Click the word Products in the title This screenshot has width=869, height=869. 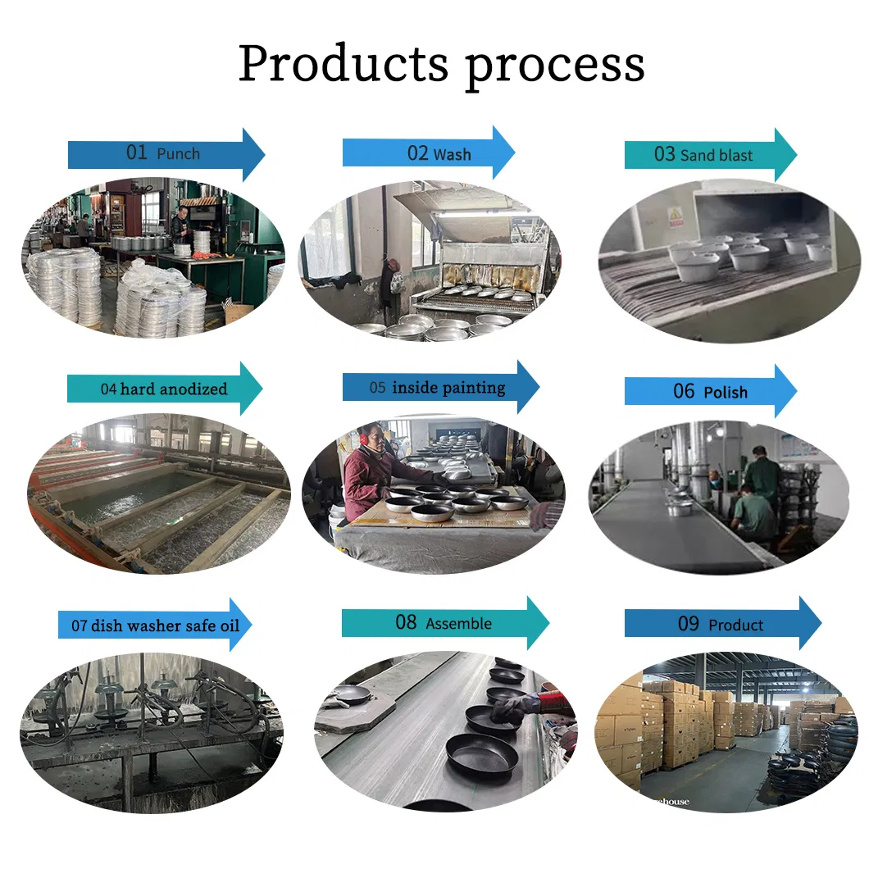point(344,63)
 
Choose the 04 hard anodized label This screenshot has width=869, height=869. point(165,389)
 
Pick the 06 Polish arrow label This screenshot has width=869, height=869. point(711,391)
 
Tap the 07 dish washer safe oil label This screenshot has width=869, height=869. point(155,626)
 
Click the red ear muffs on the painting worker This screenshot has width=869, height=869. point(364,438)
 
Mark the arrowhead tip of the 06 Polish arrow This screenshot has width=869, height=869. point(797,391)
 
